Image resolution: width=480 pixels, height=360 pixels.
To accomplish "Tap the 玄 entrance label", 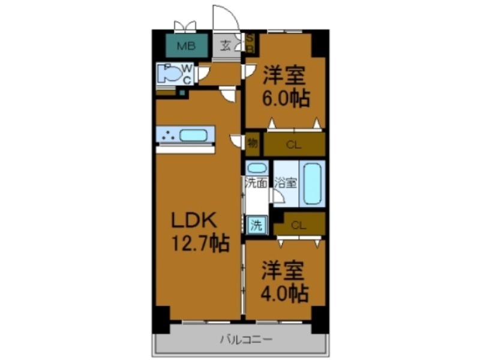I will coord(226,45).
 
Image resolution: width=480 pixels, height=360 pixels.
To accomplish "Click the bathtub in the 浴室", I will coord(313,182).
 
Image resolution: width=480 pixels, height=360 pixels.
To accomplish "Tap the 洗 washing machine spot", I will coord(256,226).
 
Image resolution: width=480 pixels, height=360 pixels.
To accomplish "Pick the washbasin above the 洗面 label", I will coord(257,168).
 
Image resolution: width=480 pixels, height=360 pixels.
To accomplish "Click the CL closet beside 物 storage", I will coord(294,144).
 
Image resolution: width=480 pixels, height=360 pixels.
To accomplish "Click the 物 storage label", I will coord(253,143).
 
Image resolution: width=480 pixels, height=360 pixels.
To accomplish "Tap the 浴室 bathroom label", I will coord(285,183).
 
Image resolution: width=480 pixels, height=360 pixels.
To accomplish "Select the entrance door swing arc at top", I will coord(224,15).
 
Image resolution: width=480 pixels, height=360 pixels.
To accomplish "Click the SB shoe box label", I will coord(251,44).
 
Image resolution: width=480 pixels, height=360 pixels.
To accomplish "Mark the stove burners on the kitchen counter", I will coord(167,136).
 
